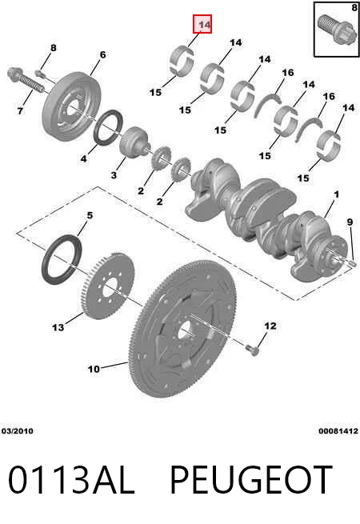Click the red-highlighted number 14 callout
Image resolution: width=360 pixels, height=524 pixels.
pyautogui.click(x=202, y=24)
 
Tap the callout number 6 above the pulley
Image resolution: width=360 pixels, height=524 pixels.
pyautogui.click(x=102, y=54)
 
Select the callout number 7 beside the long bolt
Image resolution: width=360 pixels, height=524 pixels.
pyautogui.click(x=20, y=110)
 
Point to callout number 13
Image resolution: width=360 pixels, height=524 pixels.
pyautogui.click(x=58, y=327)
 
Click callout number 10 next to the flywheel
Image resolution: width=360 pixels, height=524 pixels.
pyautogui.click(x=94, y=369)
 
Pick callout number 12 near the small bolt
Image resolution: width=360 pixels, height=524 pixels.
pyautogui.click(x=270, y=326)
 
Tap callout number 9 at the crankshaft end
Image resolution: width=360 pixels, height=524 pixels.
pyautogui.click(x=350, y=222)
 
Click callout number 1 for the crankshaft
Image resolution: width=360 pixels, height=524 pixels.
pyautogui.click(x=336, y=194)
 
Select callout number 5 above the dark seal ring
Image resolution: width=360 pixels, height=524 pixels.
pyautogui.click(x=90, y=215)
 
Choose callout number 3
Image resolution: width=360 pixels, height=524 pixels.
pyautogui.click(x=114, y=174)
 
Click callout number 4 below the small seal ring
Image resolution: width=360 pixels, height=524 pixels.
pyautogui.click(x=83, y=158)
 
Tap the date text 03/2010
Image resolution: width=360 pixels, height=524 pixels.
pyautogui.click(x=18, y=431)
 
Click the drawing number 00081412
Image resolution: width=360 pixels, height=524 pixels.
pyautogui.click(x=338, y=431)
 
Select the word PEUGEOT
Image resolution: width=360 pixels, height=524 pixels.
pyautogui.click(x=251, y=480)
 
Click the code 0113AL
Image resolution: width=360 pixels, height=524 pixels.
pyautogui.click(x=71, y=480)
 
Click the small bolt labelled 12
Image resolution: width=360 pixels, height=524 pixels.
pyautogui.click(x=253, y=350)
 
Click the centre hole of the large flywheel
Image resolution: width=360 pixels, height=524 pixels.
pyautogui.click(x=182, y=331)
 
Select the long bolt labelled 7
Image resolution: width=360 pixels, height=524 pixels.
pyautogui.click(x=26, y=80)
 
